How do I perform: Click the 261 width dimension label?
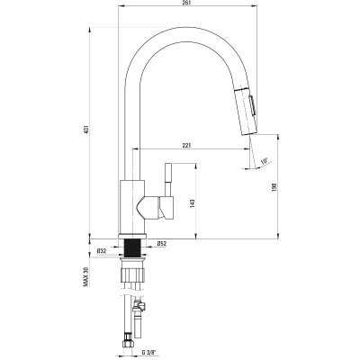(187, 3)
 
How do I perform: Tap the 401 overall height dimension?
(86, 129)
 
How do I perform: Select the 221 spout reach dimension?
(186, 146)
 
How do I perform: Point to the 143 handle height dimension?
(193, 203)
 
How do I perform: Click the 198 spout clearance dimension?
(274, 187)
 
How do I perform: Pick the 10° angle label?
(264, 161)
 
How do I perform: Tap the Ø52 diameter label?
(161, 244)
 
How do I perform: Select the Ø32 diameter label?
(102, 251)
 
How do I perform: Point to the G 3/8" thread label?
(149, 352)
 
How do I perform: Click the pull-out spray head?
(245, 112)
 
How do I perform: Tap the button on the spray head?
(253, 105)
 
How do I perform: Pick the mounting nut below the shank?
(132, 274)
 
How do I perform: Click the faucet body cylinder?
(132, 207)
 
